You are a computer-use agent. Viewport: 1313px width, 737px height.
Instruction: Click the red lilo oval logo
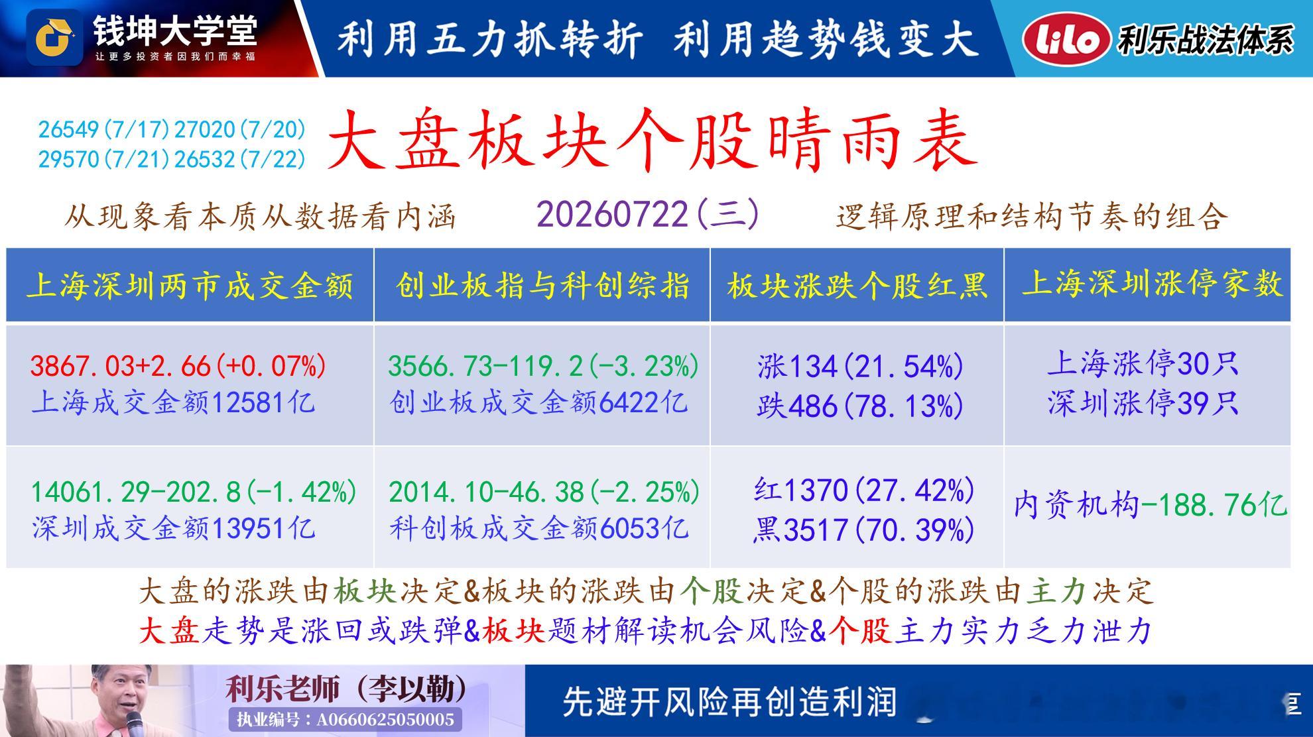1066,39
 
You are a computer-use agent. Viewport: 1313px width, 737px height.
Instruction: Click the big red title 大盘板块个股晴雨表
653,141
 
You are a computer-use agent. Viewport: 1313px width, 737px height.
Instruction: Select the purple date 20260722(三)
648,215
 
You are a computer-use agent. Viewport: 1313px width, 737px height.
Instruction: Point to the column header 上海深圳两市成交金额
190,286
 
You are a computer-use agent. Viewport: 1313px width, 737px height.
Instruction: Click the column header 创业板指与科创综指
542,285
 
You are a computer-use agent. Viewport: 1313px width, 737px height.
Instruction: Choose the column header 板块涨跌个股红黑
857,286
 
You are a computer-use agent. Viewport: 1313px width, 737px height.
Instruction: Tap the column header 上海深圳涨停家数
1152,284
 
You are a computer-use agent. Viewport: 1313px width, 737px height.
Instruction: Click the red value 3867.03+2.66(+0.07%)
178,366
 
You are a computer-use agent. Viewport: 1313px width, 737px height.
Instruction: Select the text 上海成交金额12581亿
173,402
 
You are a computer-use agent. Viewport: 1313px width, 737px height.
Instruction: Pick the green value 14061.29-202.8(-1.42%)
194,492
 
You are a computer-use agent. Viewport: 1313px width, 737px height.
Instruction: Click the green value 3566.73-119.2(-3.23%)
543,366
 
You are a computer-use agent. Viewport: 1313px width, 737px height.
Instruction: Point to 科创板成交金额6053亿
538,528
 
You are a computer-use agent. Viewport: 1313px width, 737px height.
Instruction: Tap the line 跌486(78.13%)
860,406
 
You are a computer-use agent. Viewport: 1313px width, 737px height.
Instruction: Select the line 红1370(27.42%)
864,490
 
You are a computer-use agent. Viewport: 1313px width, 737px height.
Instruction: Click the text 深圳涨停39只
1143,403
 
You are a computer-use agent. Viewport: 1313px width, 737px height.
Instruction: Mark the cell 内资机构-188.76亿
1150,506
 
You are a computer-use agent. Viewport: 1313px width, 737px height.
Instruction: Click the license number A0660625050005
385,720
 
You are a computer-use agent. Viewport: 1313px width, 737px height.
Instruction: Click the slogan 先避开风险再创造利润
729,701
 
